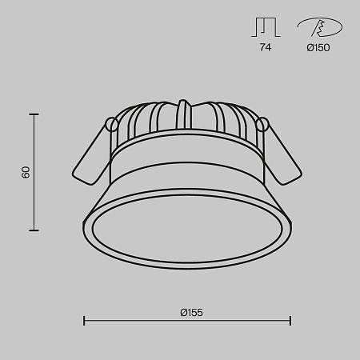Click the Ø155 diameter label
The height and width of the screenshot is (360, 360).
191,312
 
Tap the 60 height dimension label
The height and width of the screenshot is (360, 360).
26,172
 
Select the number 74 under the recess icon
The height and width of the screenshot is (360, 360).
266,47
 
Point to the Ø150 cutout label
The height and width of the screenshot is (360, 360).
318,48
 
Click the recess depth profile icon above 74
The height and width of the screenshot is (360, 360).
266,27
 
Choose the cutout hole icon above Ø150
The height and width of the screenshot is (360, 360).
320,27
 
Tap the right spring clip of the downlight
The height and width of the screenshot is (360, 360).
282,154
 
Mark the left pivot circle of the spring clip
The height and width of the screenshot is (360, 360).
112,124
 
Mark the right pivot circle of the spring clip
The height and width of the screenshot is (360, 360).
262,124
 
